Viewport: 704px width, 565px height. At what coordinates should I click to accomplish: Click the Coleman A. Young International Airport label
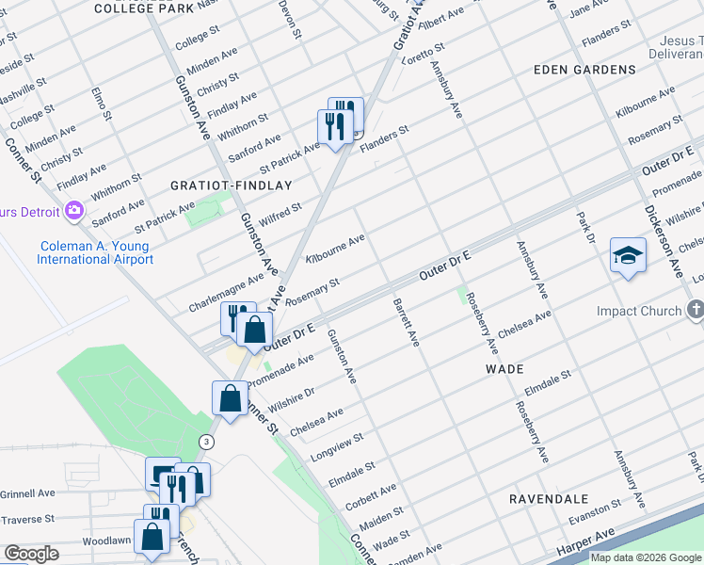tap(95, 252)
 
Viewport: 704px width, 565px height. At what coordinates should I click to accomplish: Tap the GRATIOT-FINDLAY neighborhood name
tap(232, 186)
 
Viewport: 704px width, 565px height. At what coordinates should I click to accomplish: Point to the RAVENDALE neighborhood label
tap(549, 498)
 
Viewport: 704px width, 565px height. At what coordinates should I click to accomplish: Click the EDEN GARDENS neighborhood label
tap(584, 70)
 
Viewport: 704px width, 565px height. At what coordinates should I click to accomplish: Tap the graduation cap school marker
tap(628, 255)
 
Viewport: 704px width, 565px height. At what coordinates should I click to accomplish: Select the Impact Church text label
tap(638, 311)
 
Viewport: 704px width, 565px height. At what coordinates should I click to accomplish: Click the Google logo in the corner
tap(31, 554)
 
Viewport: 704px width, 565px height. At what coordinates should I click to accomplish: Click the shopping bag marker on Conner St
tap(231, 397)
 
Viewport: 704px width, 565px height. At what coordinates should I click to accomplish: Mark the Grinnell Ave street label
tap(27, 492)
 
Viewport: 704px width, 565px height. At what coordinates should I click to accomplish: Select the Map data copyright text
tap(646, 557)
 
